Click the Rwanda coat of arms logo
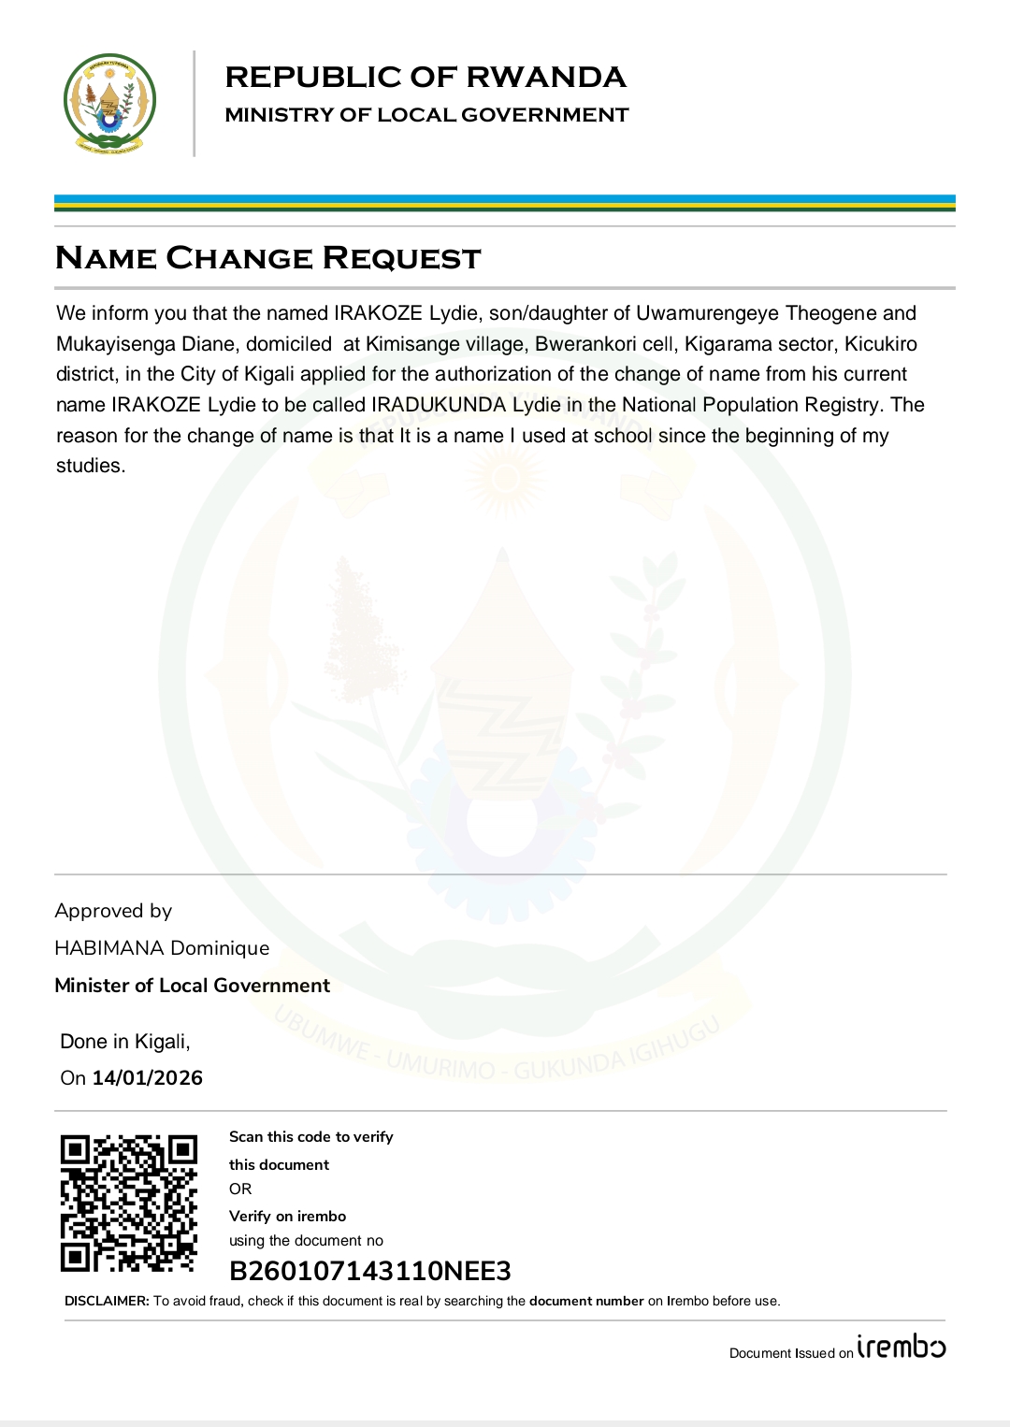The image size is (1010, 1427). tap(109, 103)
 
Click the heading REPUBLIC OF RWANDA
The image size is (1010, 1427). tap(426, 78)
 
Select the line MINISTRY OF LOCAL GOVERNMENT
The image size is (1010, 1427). tap(426, 115)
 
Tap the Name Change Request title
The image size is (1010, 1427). tap(268, 258)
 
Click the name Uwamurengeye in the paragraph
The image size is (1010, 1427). tap(708, 313)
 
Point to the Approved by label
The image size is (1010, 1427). tap(113, 911)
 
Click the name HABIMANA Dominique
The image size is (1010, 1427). tap(162, 948)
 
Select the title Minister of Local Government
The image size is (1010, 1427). tap(192, 986)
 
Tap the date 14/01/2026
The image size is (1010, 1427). tap(147, 1078)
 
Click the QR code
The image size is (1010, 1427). tap(129, 1204)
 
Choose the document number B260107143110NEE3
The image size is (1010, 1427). tap(370, 1271)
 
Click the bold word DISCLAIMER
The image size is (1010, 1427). tap(107, 1301)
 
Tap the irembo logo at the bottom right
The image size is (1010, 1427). tap(902, 1348)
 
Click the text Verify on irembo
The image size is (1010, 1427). tap(287, 1217)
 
